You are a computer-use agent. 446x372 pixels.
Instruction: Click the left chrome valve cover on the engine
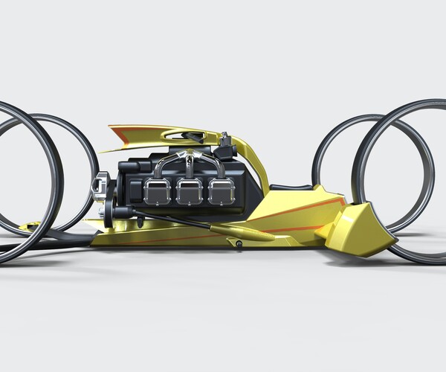click(157, 192)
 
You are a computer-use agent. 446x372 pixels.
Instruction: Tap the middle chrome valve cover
click(189, 192)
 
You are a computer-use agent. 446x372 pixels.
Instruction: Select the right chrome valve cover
click(221, 192)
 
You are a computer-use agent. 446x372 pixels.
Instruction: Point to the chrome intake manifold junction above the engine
click(190, 158)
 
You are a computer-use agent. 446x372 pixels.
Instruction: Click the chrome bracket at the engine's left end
click(100, 186)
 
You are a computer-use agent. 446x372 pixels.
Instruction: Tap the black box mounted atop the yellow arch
click(224, 140)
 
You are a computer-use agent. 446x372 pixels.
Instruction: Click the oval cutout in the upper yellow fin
click(183, 135)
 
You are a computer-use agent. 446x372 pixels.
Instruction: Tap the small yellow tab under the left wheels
click(30, 225)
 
